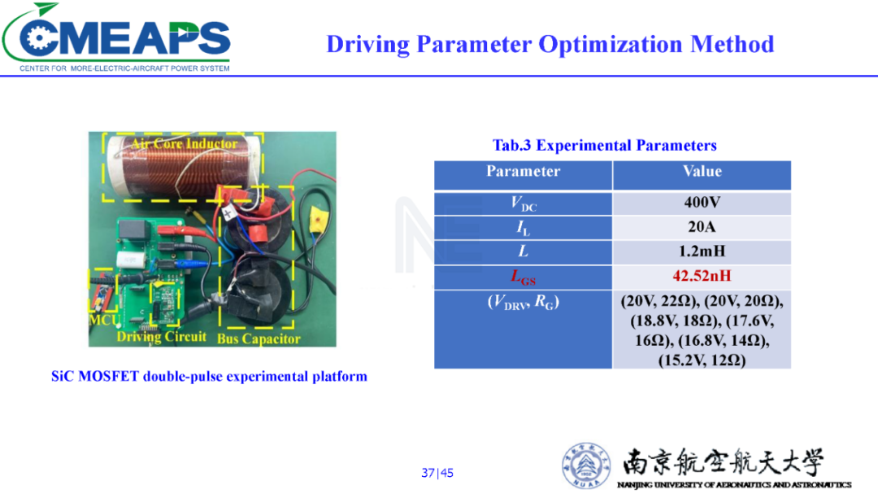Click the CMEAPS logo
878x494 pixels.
click(x=116, y=37)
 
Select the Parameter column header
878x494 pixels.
click(x=523, y=172)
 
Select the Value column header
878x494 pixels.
click(x=702, y=172)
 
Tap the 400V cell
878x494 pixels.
click(x=702, y=203)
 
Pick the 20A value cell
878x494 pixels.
click(x=702, y=228)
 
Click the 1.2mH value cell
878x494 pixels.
click(x=702, y=251)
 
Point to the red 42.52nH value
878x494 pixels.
click(x=702, y=276)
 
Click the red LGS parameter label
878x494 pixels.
click(x=523, y=277)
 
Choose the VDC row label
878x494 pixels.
click(x=523, y=203)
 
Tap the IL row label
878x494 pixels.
click(x=523, y=228)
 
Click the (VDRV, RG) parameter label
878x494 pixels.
click(x=523, y=303)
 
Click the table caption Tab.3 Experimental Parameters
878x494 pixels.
click(x=604, y=146)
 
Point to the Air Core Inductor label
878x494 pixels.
click(x=185, y=144)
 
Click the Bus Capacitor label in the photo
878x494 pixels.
click(x=259, y=339)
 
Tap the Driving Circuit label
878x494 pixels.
click(x=161, y=337)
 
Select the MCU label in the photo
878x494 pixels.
click(x=104, y=320)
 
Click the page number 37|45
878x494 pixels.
click(x=437, y=473)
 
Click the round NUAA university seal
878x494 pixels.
click(x=586, y=466)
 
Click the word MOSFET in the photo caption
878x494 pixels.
click(x=109, y=376)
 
